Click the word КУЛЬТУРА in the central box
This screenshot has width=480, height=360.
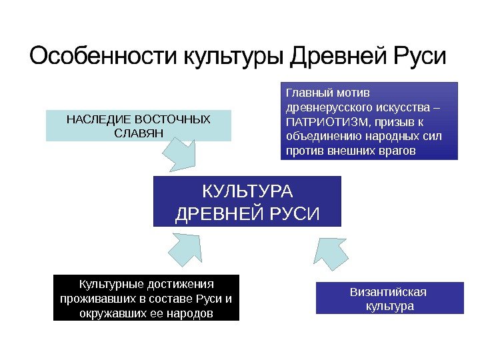[x=247, y=192]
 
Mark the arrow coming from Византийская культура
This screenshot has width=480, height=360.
[x=331, y=254]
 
